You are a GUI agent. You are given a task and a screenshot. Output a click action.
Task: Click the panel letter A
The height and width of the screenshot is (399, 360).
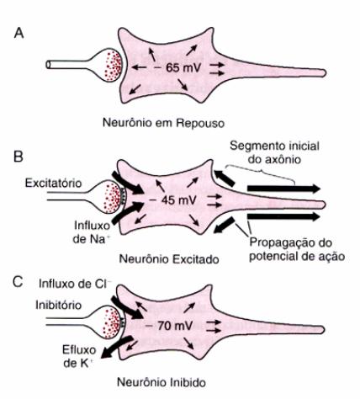19,34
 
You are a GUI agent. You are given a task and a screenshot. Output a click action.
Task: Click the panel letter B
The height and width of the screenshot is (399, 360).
19,157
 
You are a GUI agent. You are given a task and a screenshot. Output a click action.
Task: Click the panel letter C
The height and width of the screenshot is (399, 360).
18,282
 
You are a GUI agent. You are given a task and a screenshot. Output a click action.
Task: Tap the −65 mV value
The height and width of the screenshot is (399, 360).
178,67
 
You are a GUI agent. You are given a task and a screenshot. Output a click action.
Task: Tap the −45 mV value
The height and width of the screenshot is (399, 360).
173,200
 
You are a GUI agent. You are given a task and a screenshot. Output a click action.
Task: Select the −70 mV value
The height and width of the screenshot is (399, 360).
170,326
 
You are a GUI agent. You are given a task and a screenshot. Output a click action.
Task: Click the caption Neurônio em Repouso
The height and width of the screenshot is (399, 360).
163,123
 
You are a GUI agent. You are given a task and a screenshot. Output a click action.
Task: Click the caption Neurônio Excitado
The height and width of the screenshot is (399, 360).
169,258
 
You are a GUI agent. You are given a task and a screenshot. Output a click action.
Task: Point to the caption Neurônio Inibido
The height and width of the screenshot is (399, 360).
161,382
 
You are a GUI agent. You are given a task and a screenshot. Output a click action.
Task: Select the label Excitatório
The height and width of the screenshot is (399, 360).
53,184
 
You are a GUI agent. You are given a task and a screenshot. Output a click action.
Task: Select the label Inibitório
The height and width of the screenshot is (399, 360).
58,305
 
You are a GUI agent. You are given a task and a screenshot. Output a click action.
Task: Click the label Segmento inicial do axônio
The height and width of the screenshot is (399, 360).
274,152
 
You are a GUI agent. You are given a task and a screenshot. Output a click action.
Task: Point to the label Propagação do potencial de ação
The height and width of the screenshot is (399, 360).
297,249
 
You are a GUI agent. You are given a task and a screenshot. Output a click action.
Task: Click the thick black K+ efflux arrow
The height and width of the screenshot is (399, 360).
116,348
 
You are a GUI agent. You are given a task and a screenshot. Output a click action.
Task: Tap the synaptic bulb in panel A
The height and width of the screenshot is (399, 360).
108,66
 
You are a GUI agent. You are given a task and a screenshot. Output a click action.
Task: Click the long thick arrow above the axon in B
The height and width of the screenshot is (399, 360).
283,189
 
